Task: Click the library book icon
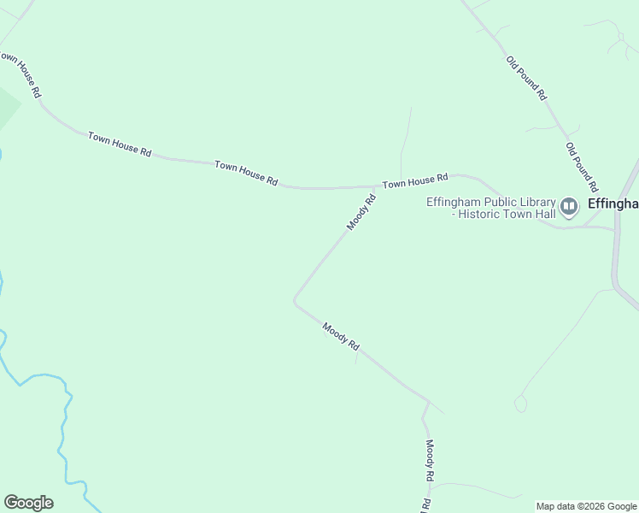point(569,206)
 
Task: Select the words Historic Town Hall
point(507,214)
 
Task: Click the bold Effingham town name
point(613,204)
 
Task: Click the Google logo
point(28,502)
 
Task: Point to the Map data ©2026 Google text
point(586,506)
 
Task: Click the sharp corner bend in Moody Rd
point(295,300)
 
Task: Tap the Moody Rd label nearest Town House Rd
point(361,213)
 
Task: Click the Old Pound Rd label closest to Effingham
point(580,168)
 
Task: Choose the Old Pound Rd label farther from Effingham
point(525,79)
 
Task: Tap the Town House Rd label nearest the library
point(415,180)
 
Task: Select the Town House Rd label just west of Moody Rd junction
point(246,173)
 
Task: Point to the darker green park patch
point(7,107)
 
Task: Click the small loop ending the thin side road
point(521,404)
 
